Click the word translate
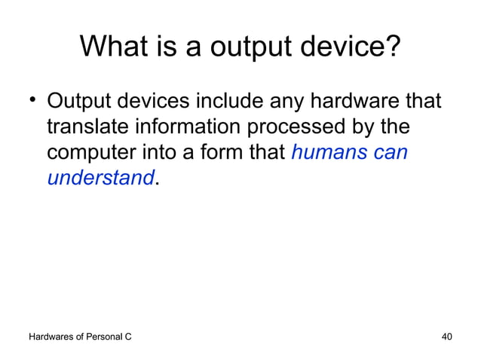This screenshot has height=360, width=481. click(90, 127)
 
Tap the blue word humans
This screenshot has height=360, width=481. click(326, 153)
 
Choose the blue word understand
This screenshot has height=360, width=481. click(100, 179)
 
